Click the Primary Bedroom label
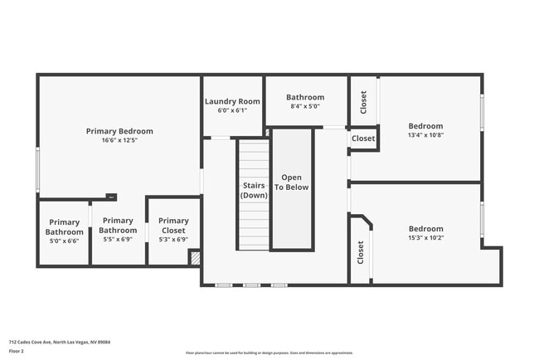[119, 131]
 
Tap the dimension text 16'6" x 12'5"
[119, 140]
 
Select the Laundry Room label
[232, 101]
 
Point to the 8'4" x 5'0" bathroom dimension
[304, 106]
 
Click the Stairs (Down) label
[254, 190]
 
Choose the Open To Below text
[292, 182]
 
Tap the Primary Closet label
[173, 226]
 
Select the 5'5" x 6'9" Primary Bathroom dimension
[118, 240]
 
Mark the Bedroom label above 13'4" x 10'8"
[425, 126]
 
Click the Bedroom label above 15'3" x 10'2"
[425, 229]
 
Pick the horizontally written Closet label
[362, 139]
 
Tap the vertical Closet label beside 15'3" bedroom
[361, 252]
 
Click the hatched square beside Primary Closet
[195, 258]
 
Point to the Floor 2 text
[17, 350]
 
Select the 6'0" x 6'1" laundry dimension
[232, 110]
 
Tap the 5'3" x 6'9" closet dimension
[173, 240]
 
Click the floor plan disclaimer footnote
[269, 353]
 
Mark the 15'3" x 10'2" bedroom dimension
[425, 238]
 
